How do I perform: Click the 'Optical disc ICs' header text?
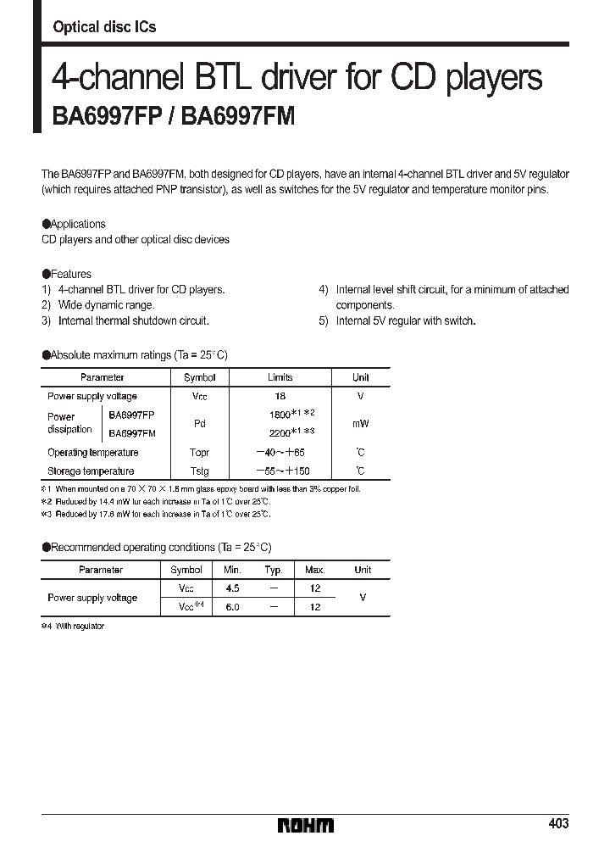coord(104,27)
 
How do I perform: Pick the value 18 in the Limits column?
coord(280,396)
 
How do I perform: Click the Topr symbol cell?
coord(200,453)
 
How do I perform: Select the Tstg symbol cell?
coord(200,471)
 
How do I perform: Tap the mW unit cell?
coord(361,423)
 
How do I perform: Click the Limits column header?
coord(280,377)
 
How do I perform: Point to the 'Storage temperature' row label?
coord(91,471)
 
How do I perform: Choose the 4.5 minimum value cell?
coord(232,588)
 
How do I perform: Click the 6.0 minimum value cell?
coord(232,607)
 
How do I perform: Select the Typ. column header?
coord(273,570)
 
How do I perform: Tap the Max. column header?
coord(314,570)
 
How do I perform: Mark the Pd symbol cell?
coord(200,423)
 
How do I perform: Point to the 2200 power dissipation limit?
coord(283,432)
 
